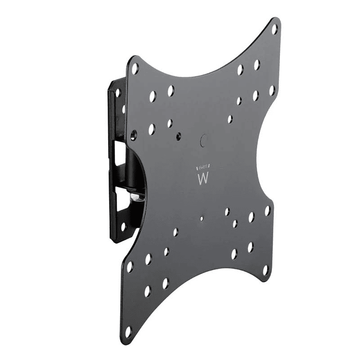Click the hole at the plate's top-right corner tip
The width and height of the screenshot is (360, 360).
pyautogui.click(x=274, y=29)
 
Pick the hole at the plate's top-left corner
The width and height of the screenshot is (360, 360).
pyautogui.click(x=135, y=69)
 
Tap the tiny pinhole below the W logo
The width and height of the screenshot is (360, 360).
pyautogui.click(x=201, y=218)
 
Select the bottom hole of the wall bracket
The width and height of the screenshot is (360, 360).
pyautogui.click(x=123, y=226)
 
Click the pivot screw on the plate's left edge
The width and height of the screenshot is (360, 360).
pyautogui.click(x=133, y=134)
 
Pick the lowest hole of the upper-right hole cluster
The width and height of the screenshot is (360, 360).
pyautogui.click(x=230, y=119)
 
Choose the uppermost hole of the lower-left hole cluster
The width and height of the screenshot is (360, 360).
pyautogui.click(x=175, y=232)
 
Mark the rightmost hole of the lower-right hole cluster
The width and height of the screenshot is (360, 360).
pyautogui.click(x=267, y=211)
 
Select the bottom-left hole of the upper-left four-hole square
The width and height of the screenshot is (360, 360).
pyautogui.click(x=151, y=129)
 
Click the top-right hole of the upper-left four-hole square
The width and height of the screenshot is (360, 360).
pyautogui.click(x=171, y=91)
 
